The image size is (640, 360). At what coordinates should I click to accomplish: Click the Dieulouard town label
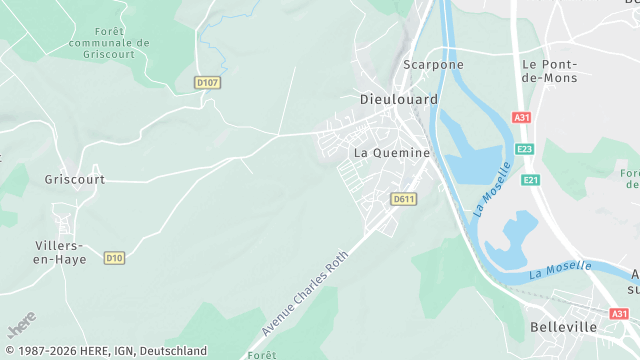(395, 100)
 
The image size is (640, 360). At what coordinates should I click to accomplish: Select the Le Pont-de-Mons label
(550, 70)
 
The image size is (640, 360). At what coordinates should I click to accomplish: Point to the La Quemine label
(392, 153)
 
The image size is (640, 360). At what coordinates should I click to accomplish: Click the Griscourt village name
(74, 180)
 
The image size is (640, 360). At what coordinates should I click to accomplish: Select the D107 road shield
(207, 82)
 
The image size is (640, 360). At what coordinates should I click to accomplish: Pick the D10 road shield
(114, 258)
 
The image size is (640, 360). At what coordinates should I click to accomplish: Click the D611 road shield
(403, 199)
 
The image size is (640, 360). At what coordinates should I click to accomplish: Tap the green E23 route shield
(525, 149)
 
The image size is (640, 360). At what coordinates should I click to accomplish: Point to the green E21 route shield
(530, 180)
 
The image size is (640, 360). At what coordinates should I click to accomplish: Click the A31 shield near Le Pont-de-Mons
(521, 117)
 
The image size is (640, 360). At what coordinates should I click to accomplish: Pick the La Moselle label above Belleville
(560, 269)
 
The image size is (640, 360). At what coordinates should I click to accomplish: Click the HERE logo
(22, 325)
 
